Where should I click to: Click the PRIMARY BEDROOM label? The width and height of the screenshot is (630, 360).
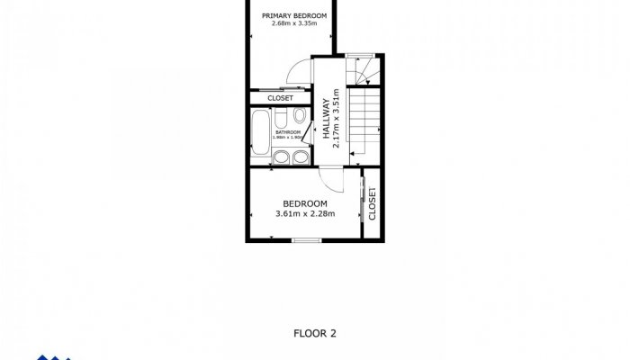tap(293, 16)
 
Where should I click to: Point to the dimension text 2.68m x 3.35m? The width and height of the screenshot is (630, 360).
tap(293, 25)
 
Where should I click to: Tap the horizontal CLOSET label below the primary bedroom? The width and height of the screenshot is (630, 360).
tap(280, 98)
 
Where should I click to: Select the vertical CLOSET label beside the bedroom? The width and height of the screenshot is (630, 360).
tap(372, 203)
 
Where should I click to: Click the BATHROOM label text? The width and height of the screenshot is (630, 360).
tap(287, 133)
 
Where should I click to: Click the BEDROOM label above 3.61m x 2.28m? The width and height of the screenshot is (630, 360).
tap(304, 203)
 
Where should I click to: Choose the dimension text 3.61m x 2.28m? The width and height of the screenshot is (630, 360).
tap(304, 214)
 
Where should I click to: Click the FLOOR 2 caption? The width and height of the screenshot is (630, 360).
tap(315, 333)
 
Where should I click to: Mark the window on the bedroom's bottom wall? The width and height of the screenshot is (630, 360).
tap(307, 240)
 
